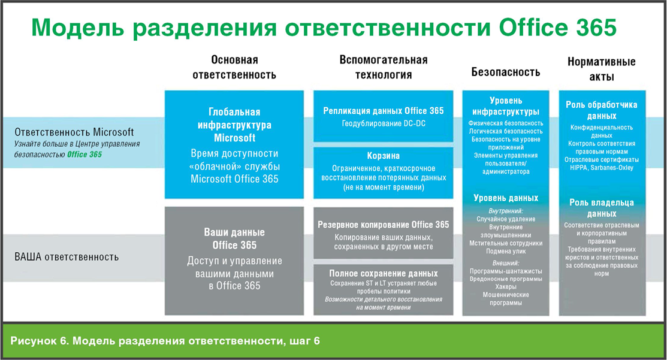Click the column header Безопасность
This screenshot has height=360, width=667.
tap(505, 72)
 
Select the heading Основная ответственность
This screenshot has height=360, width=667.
tap(234, 67)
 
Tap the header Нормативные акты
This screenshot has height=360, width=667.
tap(602, 69)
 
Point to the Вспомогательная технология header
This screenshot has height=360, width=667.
tap(384, 67)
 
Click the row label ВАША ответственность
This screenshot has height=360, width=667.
tap(67, 257)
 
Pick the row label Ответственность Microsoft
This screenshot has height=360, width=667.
tap(74, 132)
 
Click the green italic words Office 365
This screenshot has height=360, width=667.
tap(84, 155)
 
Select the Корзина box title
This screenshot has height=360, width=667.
tap(384, 156)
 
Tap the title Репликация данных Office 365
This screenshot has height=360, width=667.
tap(384, 111)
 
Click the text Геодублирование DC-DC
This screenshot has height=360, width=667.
tap(384, 123)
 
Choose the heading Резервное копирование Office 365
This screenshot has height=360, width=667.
tap(384, 225)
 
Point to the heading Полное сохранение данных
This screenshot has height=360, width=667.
tap(384, 274)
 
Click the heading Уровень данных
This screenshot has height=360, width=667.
tap(506, 198)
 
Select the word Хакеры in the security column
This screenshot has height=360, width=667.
tap(506, 287)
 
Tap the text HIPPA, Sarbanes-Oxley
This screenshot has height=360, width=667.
tap(602, 168)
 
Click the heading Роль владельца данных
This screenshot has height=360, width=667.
tap(602, 208)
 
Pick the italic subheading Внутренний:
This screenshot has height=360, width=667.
tap(506, 211)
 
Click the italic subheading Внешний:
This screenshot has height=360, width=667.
tap(506, 263)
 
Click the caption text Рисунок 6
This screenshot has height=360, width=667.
tap(39, 341)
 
